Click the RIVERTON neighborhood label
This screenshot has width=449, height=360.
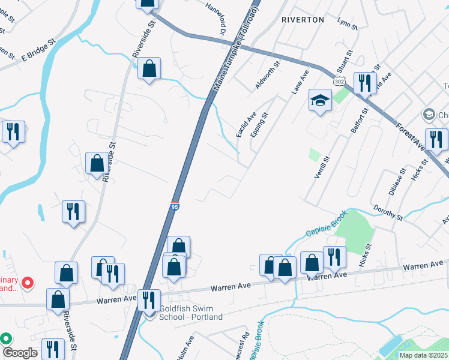(303, 20)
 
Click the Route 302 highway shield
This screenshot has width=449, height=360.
(339, 80)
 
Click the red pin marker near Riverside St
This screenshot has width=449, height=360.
(26, 281)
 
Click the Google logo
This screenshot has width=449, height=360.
(19, 352)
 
